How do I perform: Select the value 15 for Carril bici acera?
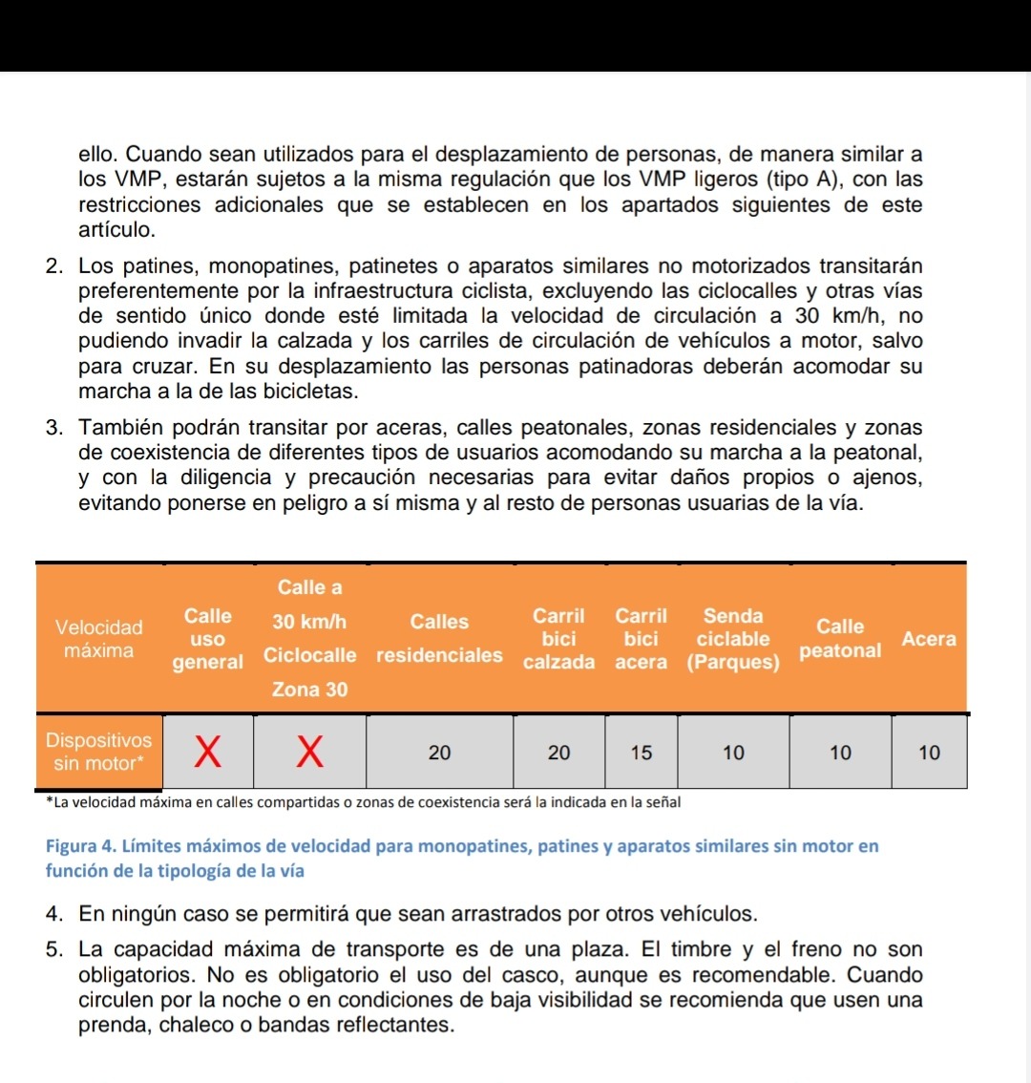[x=642, y=753]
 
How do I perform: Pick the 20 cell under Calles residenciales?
[x=439, y=753]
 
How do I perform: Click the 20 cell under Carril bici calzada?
[x=559, y=753]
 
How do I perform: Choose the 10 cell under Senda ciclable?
[x=733, y=753]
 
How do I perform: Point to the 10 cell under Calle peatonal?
[x=840, y=753]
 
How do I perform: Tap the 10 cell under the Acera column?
[x=929, y=753]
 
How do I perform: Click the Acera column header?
[x=929, y=639]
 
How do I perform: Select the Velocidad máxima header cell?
[x=99, y=639]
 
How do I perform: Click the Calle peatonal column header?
[x=840, y=638]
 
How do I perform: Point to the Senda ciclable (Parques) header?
[x=733, y=639]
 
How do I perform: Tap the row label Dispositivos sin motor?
[x=98, y=752]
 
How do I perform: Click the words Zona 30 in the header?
[x=309, y=689]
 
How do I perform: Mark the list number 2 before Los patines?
[x=53, y=265]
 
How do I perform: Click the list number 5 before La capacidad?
[x=53, y=950]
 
